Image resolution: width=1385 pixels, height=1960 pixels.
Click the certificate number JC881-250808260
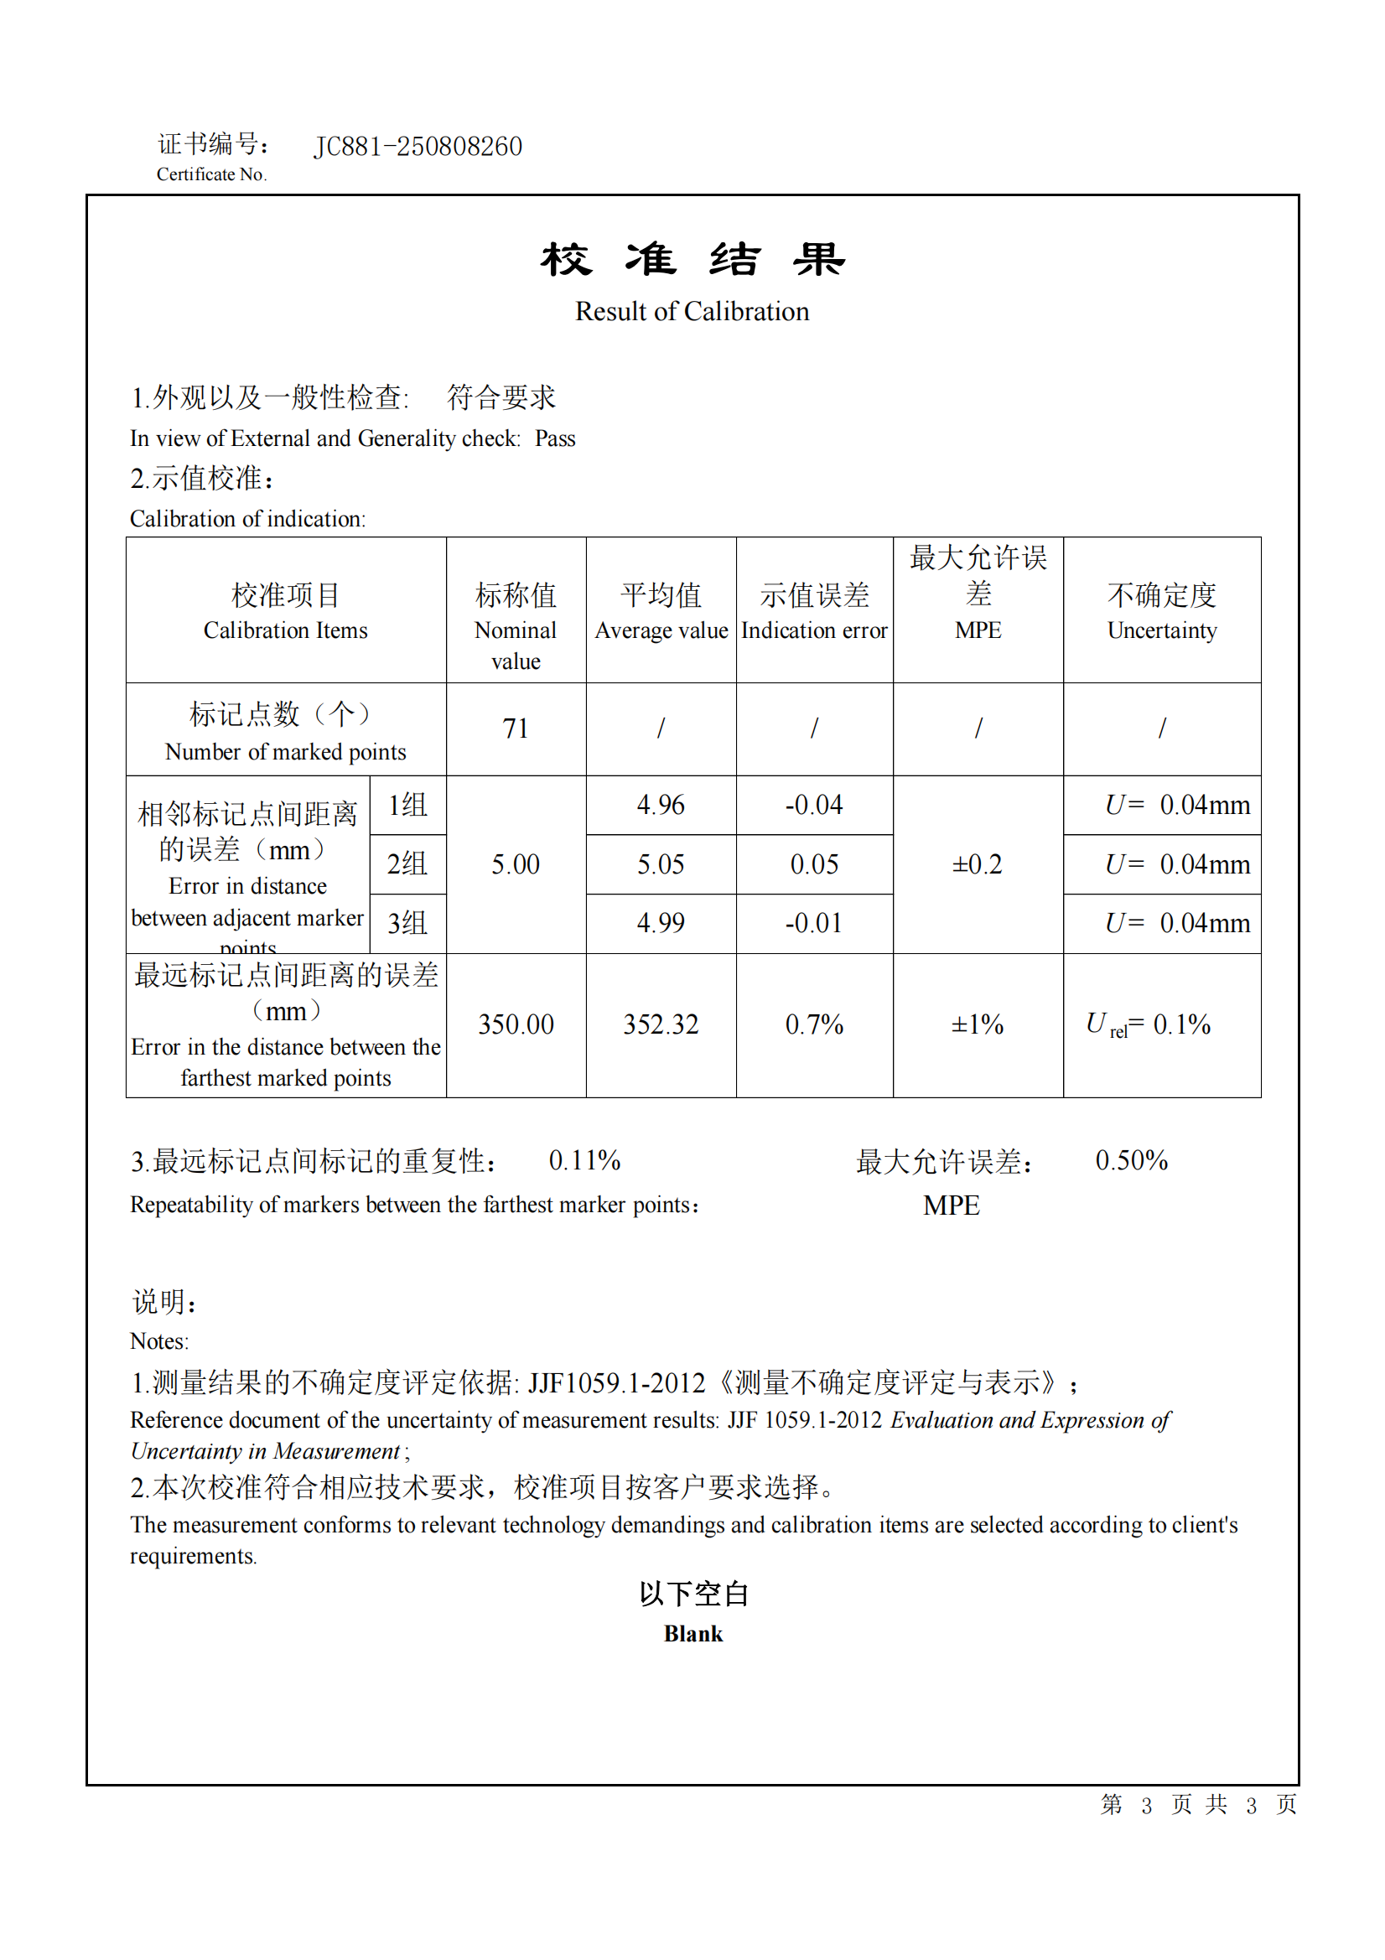(418, 147)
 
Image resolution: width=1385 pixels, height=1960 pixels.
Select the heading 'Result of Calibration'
(692, 312)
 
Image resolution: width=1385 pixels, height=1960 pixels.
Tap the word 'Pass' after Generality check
(555, 438)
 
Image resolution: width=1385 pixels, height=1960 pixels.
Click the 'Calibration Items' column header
(285, 630)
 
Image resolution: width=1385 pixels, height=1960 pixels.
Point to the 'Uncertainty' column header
(1161, 630)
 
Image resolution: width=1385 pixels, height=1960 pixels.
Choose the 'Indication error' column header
(814, 630)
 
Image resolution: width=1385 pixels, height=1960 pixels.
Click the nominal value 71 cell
(515, 729)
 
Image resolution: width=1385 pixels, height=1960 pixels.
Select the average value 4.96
(660, 805)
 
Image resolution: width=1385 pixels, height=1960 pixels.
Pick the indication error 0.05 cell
(814, 864)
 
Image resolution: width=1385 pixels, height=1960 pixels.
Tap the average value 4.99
(660, 923)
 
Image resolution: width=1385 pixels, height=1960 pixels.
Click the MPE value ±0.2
(977, 864)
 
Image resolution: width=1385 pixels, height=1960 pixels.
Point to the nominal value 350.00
(515, 1024)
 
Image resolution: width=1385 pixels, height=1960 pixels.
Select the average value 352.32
(660, 1024)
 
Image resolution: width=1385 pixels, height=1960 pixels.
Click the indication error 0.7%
(814, 1024)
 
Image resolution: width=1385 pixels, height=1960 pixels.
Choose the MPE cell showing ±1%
(977, 1024)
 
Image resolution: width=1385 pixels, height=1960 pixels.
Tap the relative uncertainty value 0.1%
(1182, 1024)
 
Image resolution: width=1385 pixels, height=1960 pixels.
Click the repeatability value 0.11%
(584, 1160)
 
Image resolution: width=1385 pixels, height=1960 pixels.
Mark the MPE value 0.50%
(1132, 1160)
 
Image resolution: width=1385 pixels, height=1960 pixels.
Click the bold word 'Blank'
(692, 1634)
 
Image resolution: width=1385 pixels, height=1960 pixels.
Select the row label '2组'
(407, 864)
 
